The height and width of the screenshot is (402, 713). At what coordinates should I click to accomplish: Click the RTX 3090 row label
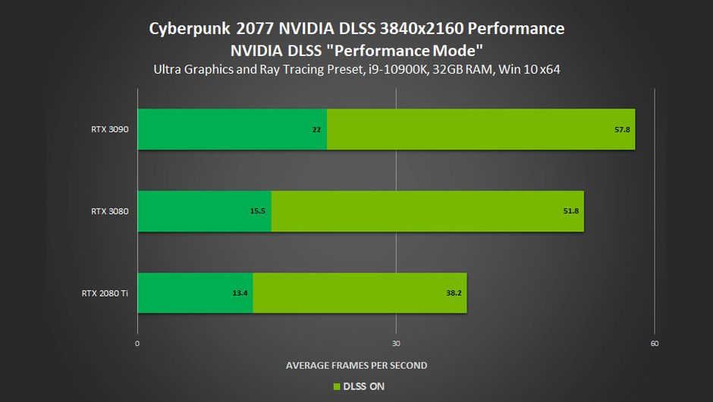tap(109, 129)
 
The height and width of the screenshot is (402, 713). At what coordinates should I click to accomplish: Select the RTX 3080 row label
tap(109, 211)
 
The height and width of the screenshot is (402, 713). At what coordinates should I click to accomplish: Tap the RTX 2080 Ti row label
tap(105, 293)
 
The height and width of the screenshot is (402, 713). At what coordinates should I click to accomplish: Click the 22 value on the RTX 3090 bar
tap(316, 130)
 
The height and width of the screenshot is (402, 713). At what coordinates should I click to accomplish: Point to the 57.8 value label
tap(622, 130)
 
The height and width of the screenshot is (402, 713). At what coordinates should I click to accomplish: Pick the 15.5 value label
tap(257, 211)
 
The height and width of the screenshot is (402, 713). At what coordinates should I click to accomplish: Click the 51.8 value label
tap(571, 211)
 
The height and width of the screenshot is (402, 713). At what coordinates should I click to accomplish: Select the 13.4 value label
tap(240, 293)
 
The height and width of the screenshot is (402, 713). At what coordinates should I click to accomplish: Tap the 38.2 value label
tap(454, 293)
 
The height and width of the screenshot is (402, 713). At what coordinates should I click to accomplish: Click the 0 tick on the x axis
tap(137, 344)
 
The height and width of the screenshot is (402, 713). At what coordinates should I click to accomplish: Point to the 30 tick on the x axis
tap(396, 344)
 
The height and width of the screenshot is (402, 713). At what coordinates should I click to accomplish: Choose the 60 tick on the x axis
tap(655, 344)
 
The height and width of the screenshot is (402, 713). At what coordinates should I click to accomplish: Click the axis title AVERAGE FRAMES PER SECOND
tap(356, 366)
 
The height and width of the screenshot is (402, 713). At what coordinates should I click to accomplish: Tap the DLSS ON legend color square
tap(337, 387)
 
